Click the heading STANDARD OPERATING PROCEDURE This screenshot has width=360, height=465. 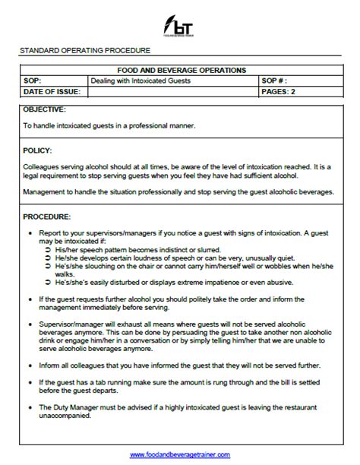pyautogui.click(x=85, y=51)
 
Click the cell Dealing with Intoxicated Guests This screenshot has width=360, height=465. pyautogui.click(x=141, y=80)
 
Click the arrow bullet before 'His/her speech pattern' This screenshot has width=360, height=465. pyautogui.click(x=48, y=249)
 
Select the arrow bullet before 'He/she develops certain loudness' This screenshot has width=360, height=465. pyautogui.click(x=48, y=258)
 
